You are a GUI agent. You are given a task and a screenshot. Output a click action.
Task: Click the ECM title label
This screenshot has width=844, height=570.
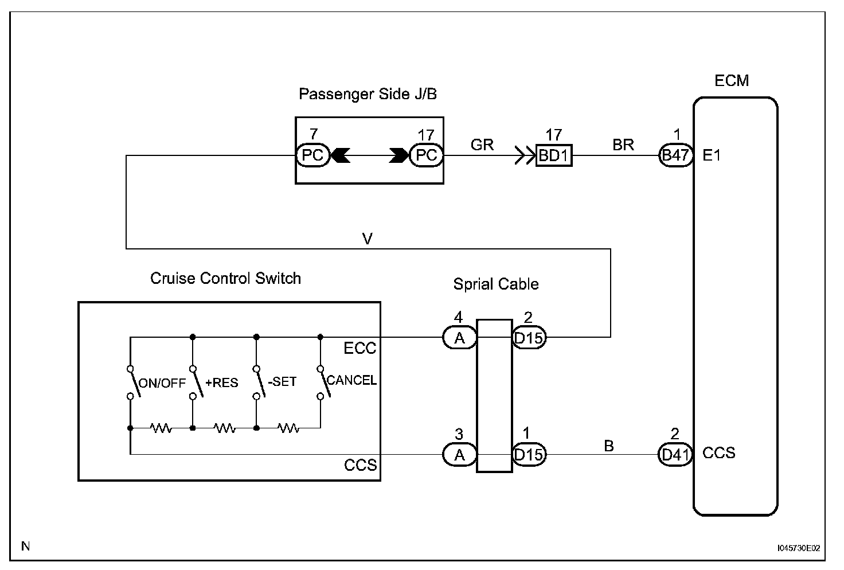point(732,80)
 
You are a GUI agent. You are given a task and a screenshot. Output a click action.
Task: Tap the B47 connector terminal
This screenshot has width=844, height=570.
point(675,155)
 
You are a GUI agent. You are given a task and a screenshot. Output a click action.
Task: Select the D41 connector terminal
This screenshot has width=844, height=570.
point(675,455)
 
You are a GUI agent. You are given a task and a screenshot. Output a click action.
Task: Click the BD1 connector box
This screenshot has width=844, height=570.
point(554,155)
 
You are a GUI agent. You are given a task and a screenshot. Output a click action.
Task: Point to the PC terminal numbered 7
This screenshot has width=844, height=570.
point(312,155)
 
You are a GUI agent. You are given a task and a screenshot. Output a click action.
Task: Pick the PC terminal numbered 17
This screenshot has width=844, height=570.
point(427,155)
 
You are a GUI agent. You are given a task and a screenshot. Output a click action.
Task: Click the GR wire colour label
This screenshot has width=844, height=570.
point(482,145)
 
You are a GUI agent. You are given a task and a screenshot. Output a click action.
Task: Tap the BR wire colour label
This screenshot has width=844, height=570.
point(623,145)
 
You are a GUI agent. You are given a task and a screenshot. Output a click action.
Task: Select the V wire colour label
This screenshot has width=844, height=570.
point(368,239)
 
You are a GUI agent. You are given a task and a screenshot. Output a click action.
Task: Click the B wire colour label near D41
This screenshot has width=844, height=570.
point(609,446)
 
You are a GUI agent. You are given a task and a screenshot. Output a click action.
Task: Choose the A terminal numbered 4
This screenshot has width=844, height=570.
point(460,338)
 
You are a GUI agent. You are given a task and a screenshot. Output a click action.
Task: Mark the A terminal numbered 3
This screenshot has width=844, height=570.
point(460,455)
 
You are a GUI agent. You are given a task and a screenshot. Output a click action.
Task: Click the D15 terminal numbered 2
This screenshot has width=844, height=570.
point(529,338)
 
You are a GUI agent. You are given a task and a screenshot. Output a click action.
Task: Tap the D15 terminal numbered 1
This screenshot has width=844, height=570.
point(529,455)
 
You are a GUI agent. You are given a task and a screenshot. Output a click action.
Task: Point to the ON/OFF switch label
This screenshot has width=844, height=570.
point(163,383)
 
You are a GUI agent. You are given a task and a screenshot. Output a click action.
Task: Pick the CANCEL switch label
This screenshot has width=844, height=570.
point(351,380)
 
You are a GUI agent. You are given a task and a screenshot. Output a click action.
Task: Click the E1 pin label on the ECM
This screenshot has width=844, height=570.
point(712,155)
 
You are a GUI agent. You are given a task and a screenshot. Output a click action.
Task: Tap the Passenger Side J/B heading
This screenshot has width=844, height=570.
point(368,94)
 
